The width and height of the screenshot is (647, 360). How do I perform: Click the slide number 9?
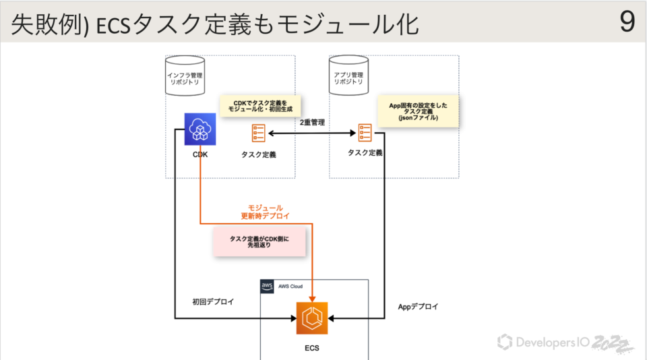tap(627, 22)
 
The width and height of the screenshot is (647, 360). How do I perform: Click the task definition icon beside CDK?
tap(258, 133)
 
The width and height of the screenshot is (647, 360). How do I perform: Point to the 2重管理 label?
tap(312, 123)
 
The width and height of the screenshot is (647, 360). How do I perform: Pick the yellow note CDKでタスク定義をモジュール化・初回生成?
tap(260, 107)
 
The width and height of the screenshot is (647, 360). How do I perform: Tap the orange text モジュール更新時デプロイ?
tap(266, 212)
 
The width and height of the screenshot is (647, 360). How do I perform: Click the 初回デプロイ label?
tap(213, 302)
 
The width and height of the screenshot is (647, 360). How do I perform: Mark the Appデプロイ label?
tap(418, 307)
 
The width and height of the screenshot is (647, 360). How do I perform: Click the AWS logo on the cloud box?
tap(266, 287)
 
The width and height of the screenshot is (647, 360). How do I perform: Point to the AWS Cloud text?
tap(290, 287)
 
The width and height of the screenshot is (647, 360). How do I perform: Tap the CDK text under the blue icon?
tap(199, 154)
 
